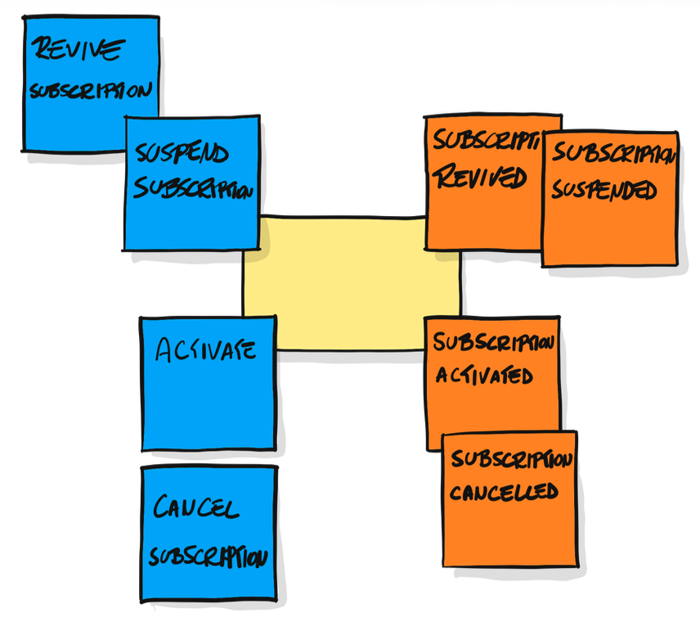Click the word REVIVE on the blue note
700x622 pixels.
point(78,49)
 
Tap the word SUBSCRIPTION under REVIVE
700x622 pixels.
point(91,90)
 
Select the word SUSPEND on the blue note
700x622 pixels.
point(182,153)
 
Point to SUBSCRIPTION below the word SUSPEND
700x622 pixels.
point(193,187)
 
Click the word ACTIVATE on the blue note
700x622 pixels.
point(206,349)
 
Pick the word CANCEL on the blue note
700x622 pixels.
point(195,507)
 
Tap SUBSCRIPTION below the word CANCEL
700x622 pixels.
point(208,557)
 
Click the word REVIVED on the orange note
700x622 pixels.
point(481,176)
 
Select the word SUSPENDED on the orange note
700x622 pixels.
point(604,190)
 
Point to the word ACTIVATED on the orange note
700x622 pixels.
point(484,376)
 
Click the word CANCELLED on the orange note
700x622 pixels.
point(504,492)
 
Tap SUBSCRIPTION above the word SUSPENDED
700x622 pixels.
point(614,153)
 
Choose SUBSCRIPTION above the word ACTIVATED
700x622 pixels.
point(494,342)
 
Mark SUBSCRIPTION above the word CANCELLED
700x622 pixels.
point(512,459)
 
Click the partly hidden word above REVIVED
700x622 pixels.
point(487,139)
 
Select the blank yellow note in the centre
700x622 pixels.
point(351,283)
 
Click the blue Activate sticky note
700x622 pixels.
point(208,384)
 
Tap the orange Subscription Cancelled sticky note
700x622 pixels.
point(509,499)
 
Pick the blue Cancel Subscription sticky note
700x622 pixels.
point(209,534)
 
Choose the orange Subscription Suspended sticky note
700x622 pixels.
point(610,199)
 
